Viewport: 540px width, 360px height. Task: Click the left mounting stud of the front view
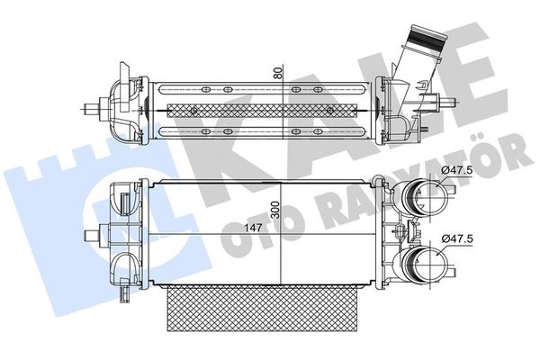click(x=90, y=235)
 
